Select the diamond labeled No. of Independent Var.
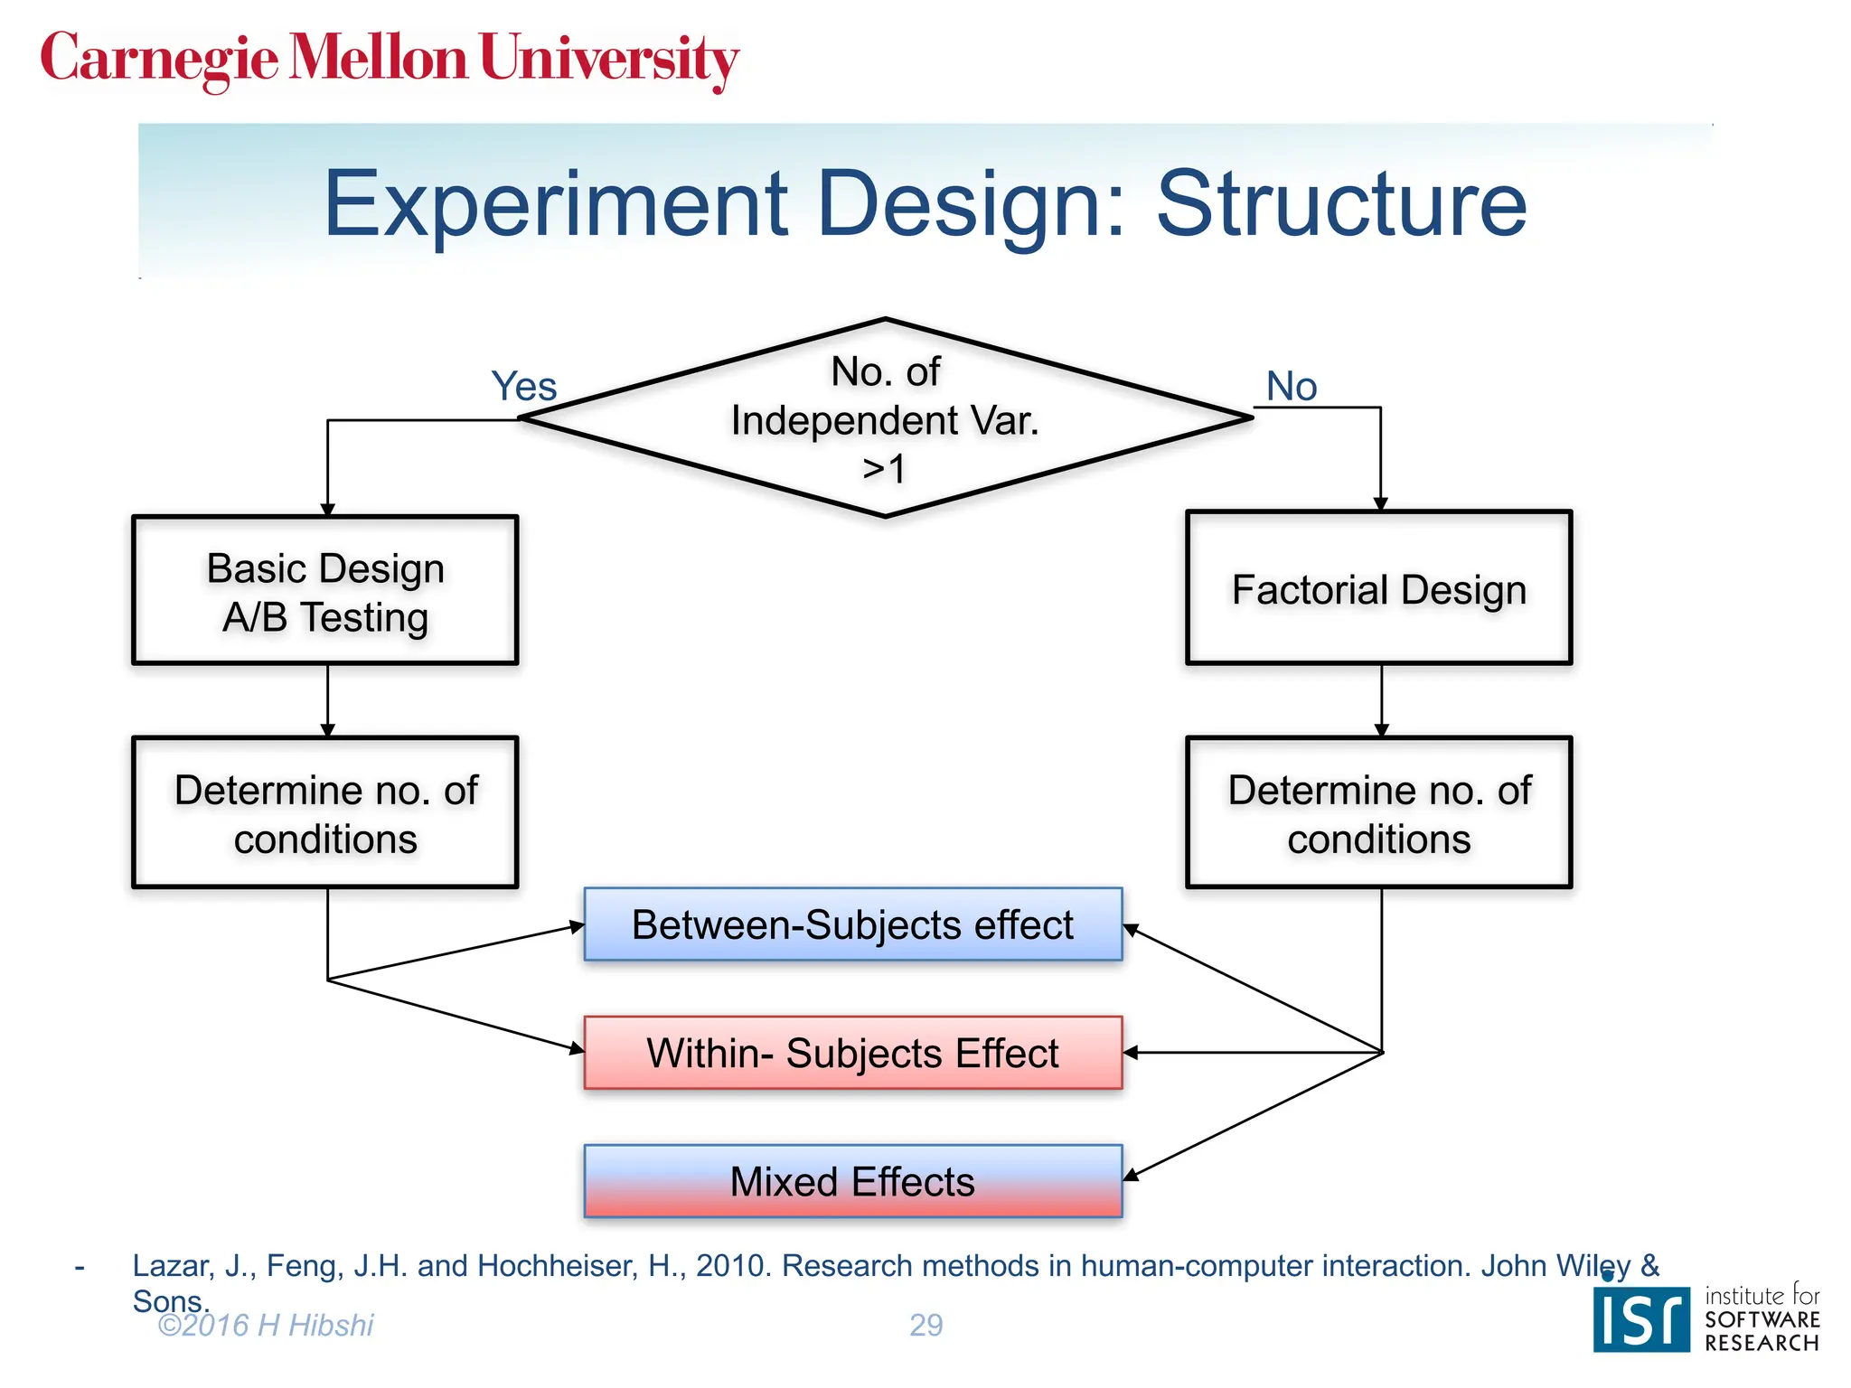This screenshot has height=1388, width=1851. click(885, 419)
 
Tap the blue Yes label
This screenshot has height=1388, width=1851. click(523, 387)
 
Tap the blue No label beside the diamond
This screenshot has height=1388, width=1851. click(1291, 387)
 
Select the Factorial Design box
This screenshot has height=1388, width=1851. click(1378, 589)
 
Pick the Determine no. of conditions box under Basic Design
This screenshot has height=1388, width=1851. click(325, 813)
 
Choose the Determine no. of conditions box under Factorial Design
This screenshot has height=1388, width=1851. click(1378, 813)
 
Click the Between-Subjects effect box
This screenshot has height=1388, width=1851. click(852, 924)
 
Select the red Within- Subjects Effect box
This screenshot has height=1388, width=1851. click(852, 1054)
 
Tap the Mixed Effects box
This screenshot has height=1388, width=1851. click(852, 1182)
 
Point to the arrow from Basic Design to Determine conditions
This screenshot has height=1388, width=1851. click(327, 700)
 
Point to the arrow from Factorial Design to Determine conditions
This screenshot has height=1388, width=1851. click(1381, 700)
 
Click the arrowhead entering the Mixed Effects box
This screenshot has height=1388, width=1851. click(1131, 1174)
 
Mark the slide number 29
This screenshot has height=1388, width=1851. click(925, 1325)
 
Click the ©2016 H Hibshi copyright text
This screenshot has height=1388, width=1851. click(265, 1325)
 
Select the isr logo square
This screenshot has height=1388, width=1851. click(1640, 1319)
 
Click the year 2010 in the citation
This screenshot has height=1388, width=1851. click(734, 1266)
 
